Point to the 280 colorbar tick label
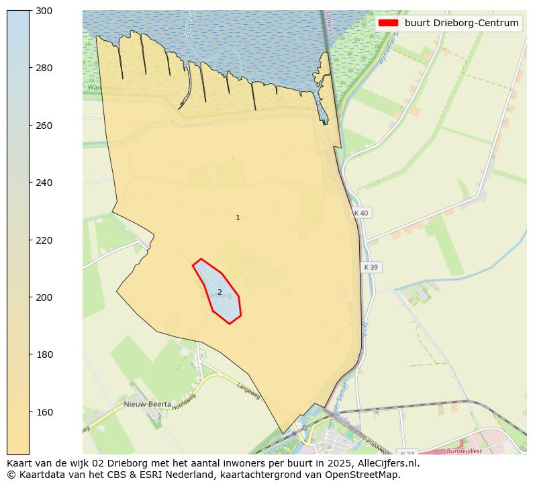pyautogui.click(x=44, y=68)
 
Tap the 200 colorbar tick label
pyautogui.click(x=44, y=297)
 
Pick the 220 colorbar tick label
pyautogui.click(x=44, y=240)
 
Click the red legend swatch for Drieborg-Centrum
pyautogui.click(x=388, y=23)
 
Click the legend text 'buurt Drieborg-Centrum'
pyautogui.click(x=461, y=23)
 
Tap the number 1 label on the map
pyautogui.click(x=238, y=217)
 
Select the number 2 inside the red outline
pyautogui.click(x=220, y=292)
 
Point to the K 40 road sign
pyautogui.click(x=361, y=213)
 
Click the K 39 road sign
pyautogui.click(x=371, y=267)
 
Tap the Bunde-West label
pyautogui.click(x=464, y=451)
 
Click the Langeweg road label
pyautogui.click(x=248, y=391)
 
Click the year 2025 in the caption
pyautogui.click(x=278, y=463)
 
